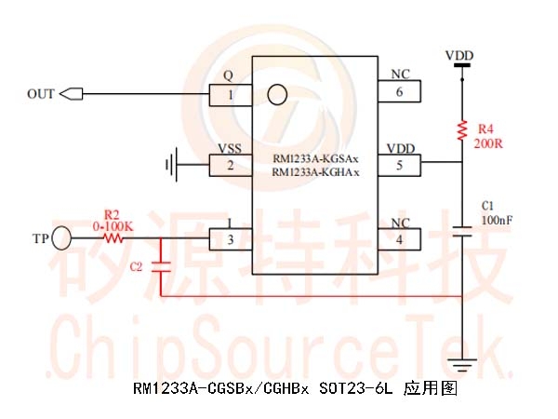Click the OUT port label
click(x=41, y=94)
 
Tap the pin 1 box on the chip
click(x=231, y=94)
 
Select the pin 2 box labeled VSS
click(x=231, y=167)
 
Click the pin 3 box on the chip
click(x=231, y=239)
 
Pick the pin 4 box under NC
click(x=399, y=239)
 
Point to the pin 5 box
click(x=399, y=166)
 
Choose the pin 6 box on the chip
click(x=399, y=91)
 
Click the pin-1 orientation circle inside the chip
click(x=275, y=94)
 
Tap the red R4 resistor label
click(x=485, y=128)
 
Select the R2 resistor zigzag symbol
click(x=113, y=238)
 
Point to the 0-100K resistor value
click(x=113, y=226)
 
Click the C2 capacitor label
click(x=136, y=267)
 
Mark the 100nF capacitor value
click(x=496, y=220)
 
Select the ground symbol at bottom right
click(x=462, y=364)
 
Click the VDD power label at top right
click(x=459, y=56)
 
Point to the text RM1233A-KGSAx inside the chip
click(x=316, y=159)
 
